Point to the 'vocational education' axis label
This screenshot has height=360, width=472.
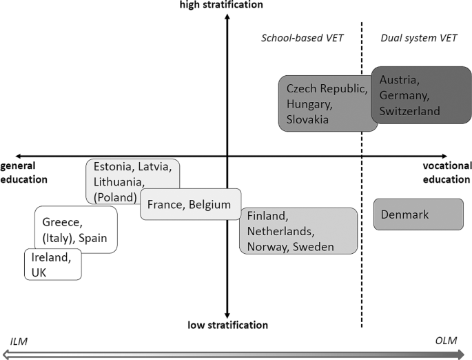coord(447,172)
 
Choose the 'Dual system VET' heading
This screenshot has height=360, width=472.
coord(415,39)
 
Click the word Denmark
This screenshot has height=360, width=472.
coord(404,214)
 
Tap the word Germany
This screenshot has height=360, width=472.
coord(404,94)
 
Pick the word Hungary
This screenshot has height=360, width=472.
coord(308,104)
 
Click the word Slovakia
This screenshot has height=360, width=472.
coord(307,119)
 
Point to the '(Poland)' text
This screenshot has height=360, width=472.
coord(115,197)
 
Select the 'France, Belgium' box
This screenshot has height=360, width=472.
coord(190,204)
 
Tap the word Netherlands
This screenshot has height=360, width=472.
coord(281,231)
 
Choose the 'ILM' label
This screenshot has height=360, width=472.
coord(17,341)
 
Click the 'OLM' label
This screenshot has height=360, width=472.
coord(447,341)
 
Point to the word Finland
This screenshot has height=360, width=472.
coord(266,216)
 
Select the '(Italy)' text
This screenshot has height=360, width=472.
coord(58,238)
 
